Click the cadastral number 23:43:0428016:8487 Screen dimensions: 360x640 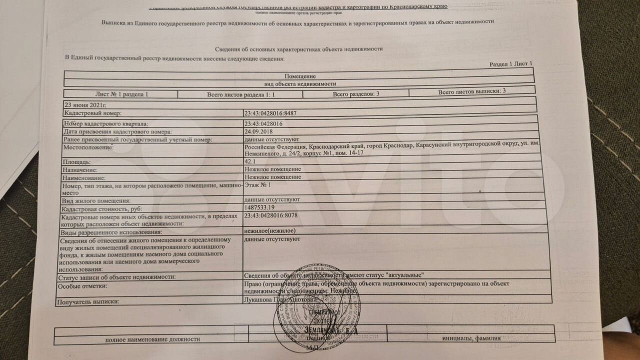click(270, 113)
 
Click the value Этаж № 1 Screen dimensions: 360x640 click(258, 185)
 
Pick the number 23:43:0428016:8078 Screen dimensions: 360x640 click(270, 215)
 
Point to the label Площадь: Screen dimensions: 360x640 click(76, 162)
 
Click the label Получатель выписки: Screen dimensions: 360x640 click(89, 302)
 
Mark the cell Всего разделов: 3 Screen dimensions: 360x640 click(356, 93)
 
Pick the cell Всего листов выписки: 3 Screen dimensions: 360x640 click(472, 91)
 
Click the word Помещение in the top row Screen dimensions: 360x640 click(300, 75)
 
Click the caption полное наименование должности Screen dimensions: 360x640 click(152, 339)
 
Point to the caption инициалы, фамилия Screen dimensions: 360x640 click(471, 338)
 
